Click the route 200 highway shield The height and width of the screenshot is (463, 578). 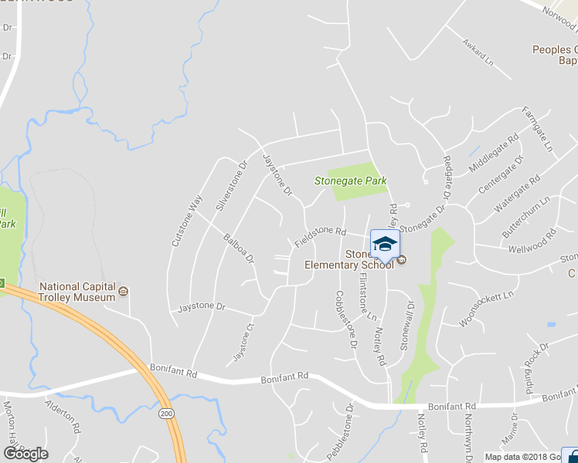[169, 414]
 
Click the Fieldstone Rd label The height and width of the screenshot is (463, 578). [319, 236]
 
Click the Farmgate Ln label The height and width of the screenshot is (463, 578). [539, 127]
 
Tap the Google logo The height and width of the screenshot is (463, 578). [25, 454]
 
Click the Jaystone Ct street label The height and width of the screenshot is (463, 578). [243, 343]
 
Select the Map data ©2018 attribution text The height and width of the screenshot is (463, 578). [517, 457]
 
